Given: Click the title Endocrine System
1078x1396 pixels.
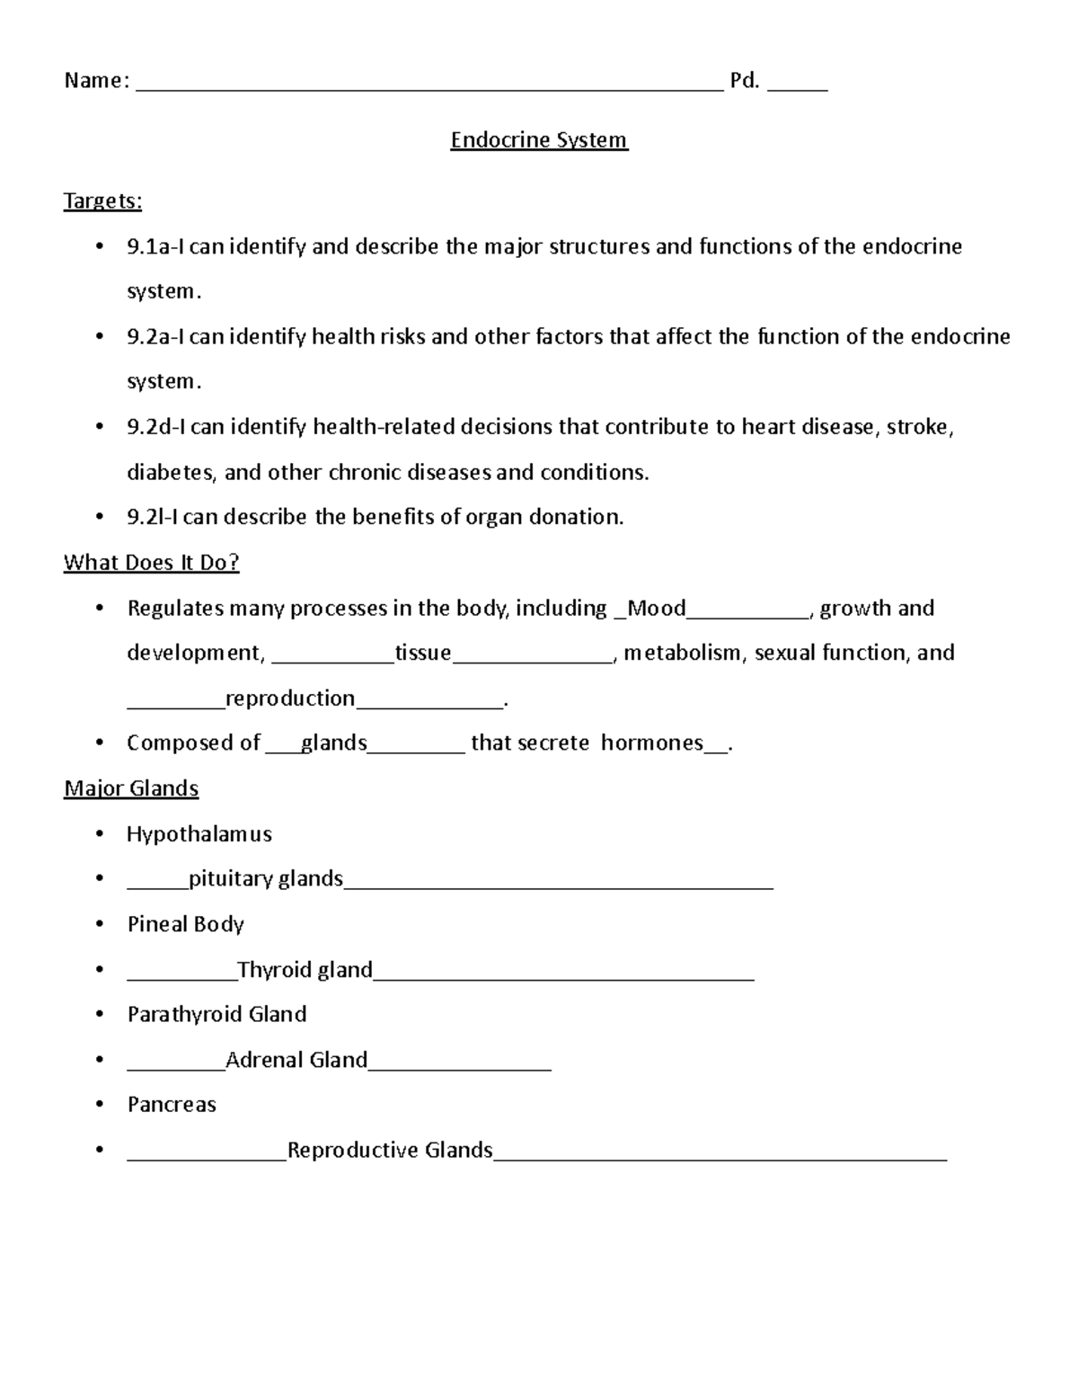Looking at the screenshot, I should (x=539, y=140).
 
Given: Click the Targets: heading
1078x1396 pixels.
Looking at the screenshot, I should (x=102, y=200).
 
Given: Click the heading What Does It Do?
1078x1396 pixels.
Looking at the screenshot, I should (x=151, y=563).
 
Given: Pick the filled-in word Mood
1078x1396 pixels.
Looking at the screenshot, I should (x=657, y=609).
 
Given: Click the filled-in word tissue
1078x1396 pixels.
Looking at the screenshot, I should (x=423, y=653).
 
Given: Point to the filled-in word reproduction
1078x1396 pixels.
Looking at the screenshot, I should (x=290, y=698).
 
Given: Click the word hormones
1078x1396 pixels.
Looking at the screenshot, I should (x=652, y=742).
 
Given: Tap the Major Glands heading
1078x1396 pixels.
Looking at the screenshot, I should (x=131, y=788).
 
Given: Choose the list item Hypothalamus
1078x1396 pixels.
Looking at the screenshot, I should (x=199, y=834).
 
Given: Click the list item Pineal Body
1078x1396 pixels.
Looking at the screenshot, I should (x=186, y=924).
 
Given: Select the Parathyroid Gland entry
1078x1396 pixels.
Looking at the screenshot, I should (x=217, y=1014).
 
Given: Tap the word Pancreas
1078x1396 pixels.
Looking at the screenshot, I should (x=172, y=1105).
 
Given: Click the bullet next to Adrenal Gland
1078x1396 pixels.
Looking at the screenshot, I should (x=100, y=1060).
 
